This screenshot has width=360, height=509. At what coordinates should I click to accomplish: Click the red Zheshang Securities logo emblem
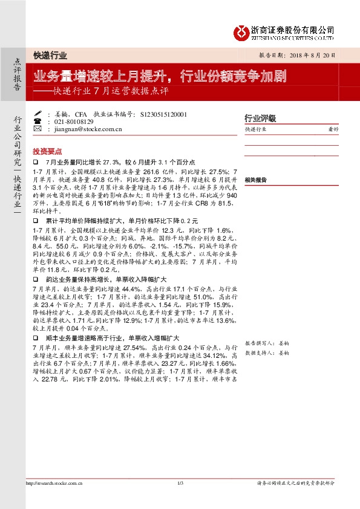[241, 32]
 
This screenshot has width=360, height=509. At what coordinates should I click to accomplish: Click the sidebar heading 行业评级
[260, 117]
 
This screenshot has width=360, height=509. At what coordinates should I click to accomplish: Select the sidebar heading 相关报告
[256, 181]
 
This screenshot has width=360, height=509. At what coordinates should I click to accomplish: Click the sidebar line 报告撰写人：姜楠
[267, 343]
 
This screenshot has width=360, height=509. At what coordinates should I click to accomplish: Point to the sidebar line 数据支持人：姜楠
[267, 352]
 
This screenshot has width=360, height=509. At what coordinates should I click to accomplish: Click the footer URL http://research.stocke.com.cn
[54, 500]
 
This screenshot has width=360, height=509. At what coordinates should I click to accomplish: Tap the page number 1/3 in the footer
[180, 500]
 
